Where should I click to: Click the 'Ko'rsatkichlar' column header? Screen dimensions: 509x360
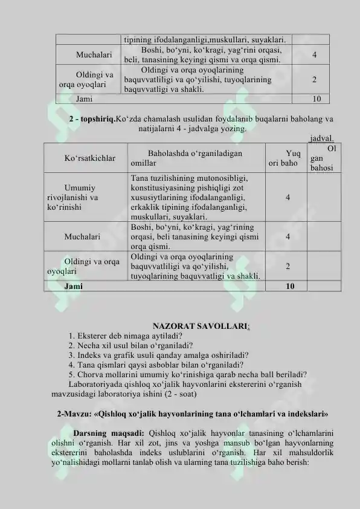tap(89, 158)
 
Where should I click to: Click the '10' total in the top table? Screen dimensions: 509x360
tap(317, 99)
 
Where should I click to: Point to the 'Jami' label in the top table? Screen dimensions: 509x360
tap(85, 99)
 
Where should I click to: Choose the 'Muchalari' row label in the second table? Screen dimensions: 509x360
tap(82, 236)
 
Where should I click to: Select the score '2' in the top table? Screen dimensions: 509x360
tap(316, 79)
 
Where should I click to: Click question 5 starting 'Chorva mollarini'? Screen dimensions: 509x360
tap(187, 374)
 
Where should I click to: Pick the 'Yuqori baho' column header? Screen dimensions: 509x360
tap(285, 158)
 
